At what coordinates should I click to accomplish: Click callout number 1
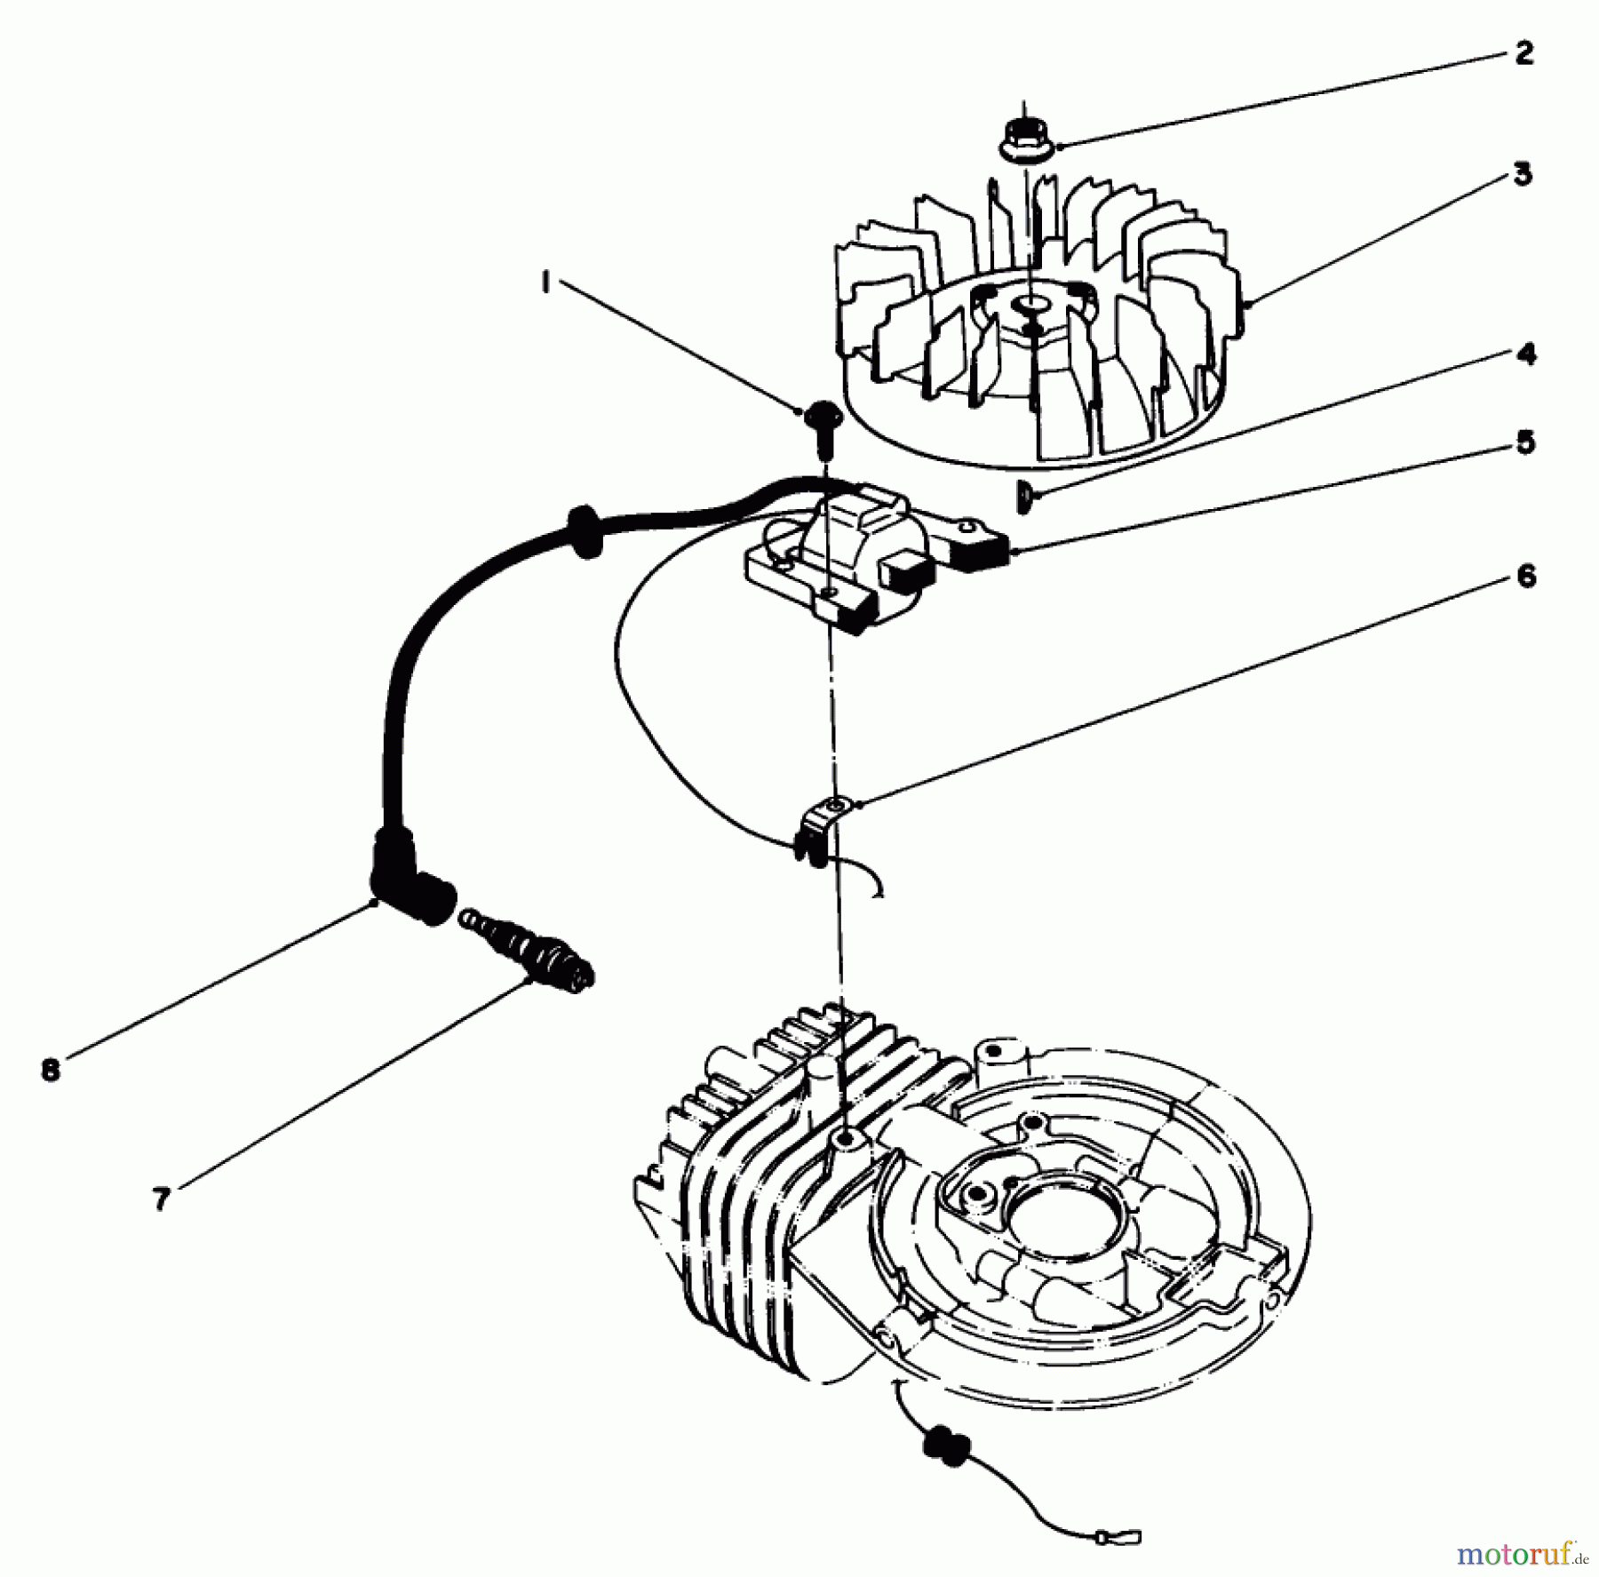point(545,283)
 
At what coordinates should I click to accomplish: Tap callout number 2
point(1524,53)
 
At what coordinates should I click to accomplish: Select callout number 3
point(1523,174)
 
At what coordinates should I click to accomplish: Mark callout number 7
point(161,1199)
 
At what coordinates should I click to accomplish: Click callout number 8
point(51,1070)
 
